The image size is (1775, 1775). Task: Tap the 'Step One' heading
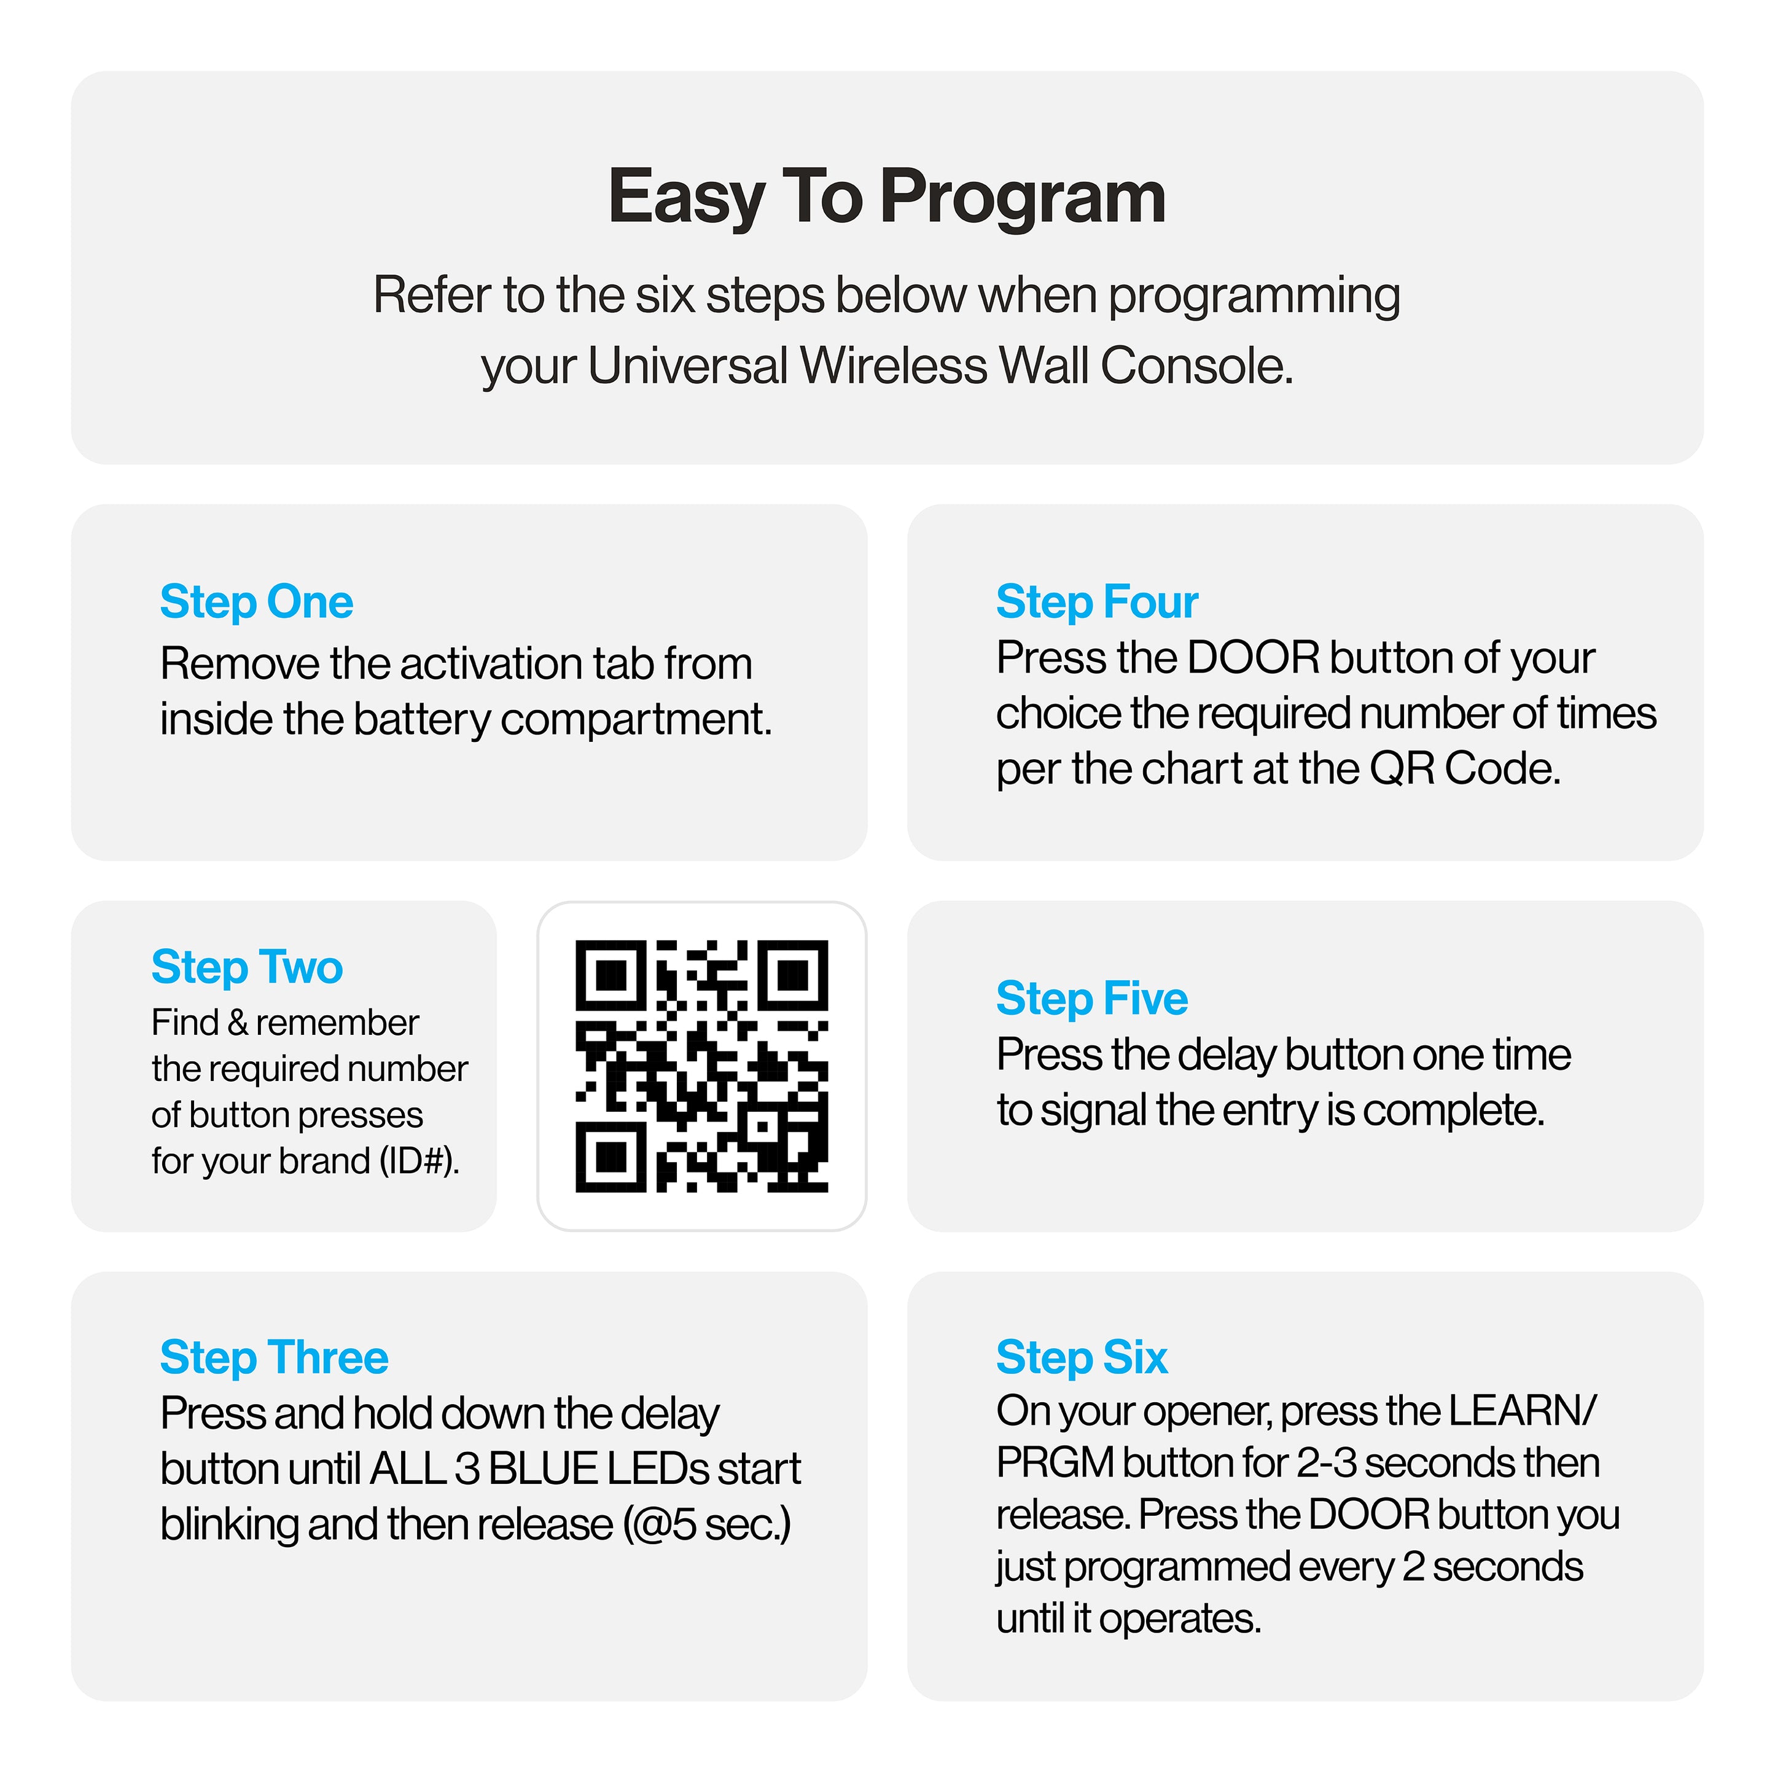click(256, 602)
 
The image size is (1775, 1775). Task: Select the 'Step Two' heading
click(247, 967)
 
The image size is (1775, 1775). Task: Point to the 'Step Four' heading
click(1097, 602)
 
